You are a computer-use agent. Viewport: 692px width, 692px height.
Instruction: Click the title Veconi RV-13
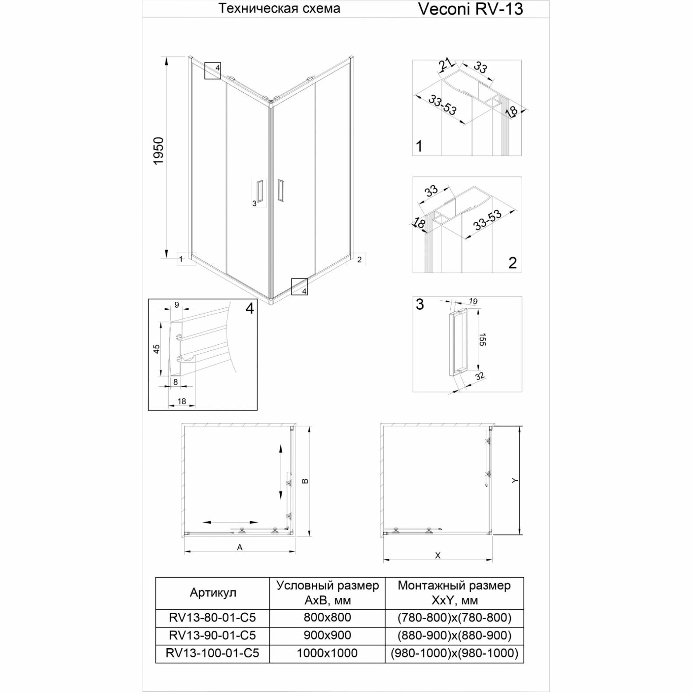point(470,9)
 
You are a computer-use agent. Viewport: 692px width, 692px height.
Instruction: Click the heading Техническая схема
point(279,8)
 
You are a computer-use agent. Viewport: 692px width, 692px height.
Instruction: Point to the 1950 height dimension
point(158,151)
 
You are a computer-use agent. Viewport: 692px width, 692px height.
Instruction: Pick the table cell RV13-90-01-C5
point(212,635)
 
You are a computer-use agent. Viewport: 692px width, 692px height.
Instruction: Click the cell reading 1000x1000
point(327,653)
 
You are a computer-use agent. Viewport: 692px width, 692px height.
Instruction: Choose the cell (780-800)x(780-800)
point(454,618)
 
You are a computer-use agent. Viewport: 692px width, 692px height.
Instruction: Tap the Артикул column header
point(213,593)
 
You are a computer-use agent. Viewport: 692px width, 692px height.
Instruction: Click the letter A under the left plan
point(240,547)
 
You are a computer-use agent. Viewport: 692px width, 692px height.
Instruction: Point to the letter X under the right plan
point(438,556)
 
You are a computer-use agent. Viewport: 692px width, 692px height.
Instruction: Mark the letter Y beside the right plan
point(515,480)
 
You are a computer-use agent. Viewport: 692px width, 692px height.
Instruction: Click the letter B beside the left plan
point(305,480)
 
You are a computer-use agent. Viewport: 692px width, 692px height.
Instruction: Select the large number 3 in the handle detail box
point(420,304)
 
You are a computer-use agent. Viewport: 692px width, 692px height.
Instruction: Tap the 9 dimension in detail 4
point(177,305)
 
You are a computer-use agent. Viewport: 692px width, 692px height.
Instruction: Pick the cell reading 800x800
point(327,618)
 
